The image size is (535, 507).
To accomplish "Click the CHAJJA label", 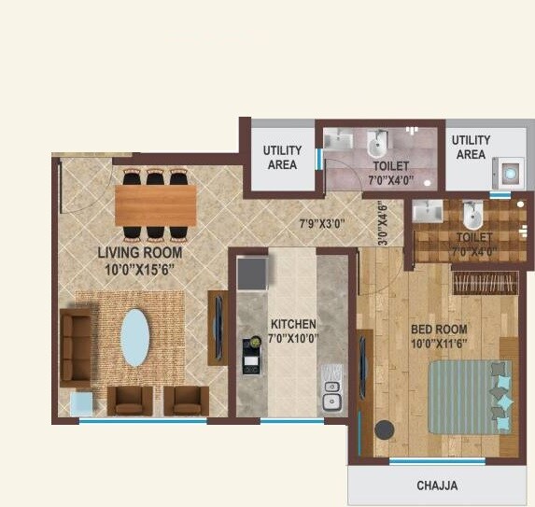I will pyautogui.click(x=437, y=486).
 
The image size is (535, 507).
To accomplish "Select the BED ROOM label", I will pyautogui.click(x=438, y=336).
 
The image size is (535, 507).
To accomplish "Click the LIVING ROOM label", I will pyautogui.click(x=141, y=260).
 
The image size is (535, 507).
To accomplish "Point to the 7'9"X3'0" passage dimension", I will pyautogui.click(x=322, y=224).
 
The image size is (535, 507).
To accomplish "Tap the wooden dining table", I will pyautogui.click(x=156, y=204).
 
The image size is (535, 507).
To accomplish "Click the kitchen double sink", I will pyautogui.click(x=331, y=394).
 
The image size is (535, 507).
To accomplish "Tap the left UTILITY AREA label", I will pyautogui.click(x=282, y=157).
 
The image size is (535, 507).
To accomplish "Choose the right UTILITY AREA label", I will pyautogui.click(x=471, y=148).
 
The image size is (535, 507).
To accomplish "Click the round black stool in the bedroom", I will pyautogui.click(x=384, y=430).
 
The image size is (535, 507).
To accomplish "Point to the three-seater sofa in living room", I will pyautogui.click(x=76, y=346).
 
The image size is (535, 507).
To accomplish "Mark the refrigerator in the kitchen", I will pyautogui.click(x=252, y=274).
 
